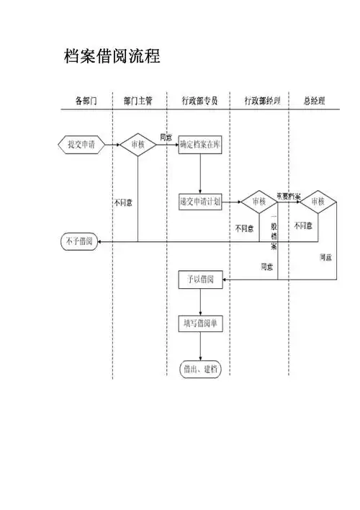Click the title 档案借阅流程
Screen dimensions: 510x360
112,55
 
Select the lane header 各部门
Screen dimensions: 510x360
86,102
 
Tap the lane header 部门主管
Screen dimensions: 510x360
138,102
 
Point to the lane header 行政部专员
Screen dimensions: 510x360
199,102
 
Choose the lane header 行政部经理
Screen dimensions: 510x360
261,102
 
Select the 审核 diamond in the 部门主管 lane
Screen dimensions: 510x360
138,144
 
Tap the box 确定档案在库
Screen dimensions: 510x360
200,144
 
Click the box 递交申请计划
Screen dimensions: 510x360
200,202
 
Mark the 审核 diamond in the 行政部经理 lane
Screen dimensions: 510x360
258,202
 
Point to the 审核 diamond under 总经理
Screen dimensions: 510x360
318,202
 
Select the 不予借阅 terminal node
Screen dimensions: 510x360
79,241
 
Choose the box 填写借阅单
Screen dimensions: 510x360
200,323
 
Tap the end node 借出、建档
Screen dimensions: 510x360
200,369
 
